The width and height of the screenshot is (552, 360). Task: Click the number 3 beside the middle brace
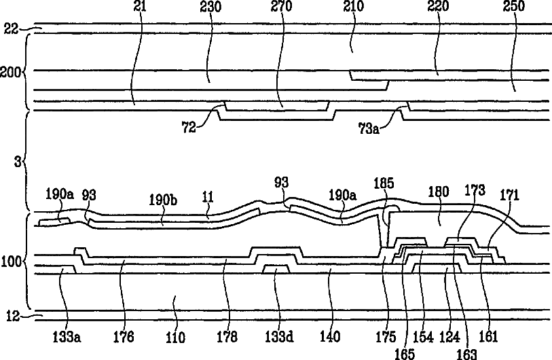click(18, 162)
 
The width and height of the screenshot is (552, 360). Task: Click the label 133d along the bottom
click(279, 336)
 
